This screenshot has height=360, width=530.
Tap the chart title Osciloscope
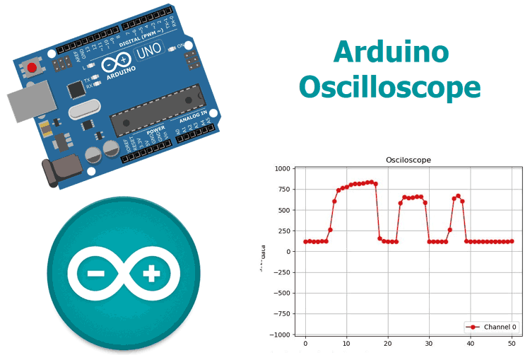[x=408, y=160]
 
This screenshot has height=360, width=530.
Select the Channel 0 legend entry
[x=491, y=327]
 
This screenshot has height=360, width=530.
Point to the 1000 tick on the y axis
[x=283, y=168]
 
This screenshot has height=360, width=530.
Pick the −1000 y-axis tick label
[x=281, y=335]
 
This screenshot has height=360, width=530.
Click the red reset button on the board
[x=32, y=68]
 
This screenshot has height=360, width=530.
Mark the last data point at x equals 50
[x=511, y=241]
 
